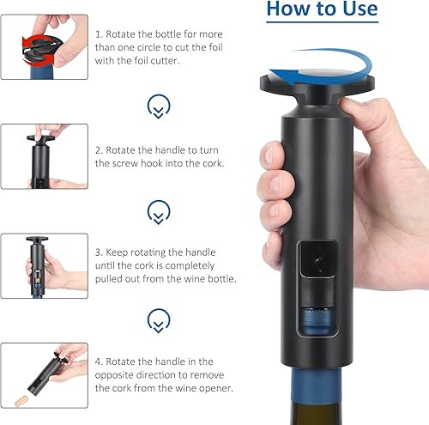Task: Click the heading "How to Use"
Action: coord(322,9)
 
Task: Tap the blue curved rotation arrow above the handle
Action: coord(337,58)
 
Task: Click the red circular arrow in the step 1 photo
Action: coord(38,51)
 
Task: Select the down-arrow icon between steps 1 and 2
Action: coord(159,106)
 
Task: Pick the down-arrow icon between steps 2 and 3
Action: coord(159,212)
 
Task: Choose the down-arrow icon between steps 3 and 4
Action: coord(159,320)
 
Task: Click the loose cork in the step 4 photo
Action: coord(21,400)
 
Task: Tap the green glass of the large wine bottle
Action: coord(317,412)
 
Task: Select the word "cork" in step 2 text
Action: coord(212,163)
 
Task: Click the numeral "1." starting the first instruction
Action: coord(99,34)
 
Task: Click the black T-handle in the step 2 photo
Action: coord(40,138)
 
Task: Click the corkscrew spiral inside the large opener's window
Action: coord(318,260)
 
